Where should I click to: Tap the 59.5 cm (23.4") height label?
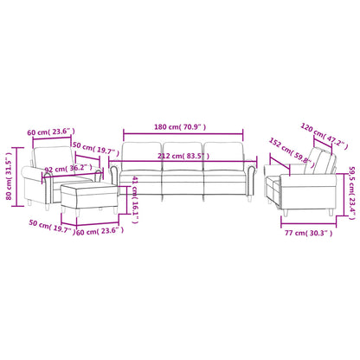[352, 187]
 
